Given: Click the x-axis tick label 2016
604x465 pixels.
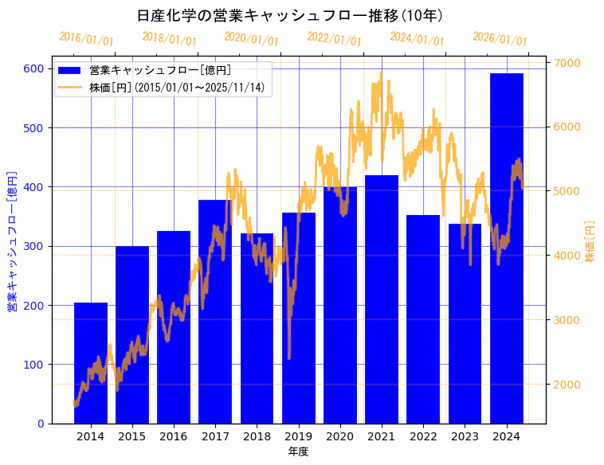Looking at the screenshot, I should (x=174, y=436).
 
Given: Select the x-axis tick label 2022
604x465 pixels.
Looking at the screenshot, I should (x=423, y=436).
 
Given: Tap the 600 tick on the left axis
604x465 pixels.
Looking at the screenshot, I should (x=33, y=68).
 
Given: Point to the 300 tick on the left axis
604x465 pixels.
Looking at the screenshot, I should (x=33, y=246).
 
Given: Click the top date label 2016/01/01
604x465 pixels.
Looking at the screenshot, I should (x=86, y=39).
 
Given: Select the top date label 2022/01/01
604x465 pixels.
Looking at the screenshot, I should (x=334, y=39).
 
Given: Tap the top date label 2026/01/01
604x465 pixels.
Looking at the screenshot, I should (x=500, y=39).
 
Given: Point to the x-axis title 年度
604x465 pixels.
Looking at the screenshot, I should (x=298, y=451).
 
